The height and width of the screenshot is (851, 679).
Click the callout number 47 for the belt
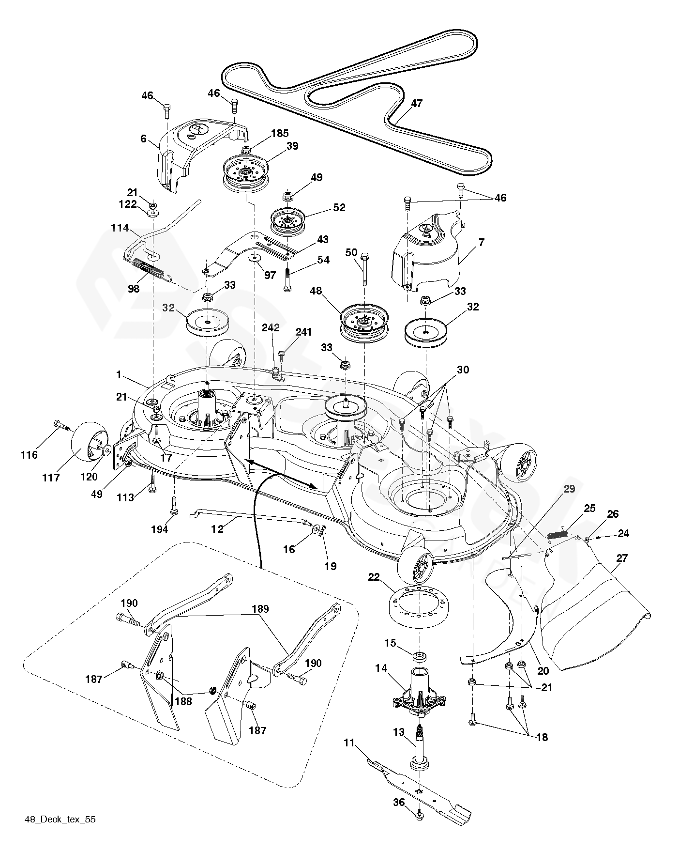(x=417, y=103)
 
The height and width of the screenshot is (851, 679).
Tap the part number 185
(x=280, y=133)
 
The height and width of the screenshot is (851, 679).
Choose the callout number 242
(x=271, y=328)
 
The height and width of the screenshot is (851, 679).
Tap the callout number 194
(x=159, y=530)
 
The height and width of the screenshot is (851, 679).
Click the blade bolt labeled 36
(x=419, y=817)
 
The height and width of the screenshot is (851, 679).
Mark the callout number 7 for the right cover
(x=481, y=242)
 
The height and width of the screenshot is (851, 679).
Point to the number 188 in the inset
(x=183, y=701)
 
